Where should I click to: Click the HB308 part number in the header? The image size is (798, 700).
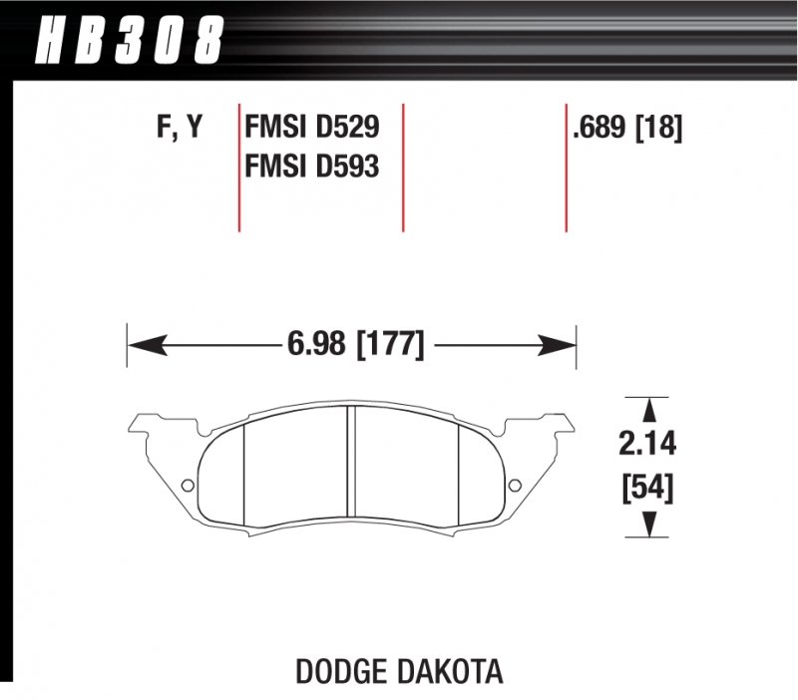coord(128,41)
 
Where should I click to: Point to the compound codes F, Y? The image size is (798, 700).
coord(180,129)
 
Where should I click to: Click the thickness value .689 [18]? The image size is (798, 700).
coord(627,129)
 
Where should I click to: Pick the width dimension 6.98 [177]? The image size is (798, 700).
coord(355,346)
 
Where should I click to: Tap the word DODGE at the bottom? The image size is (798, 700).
coord(343,671)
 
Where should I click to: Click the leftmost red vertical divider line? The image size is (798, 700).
coord(239,166)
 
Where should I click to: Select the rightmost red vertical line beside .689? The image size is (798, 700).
coord(566,166)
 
